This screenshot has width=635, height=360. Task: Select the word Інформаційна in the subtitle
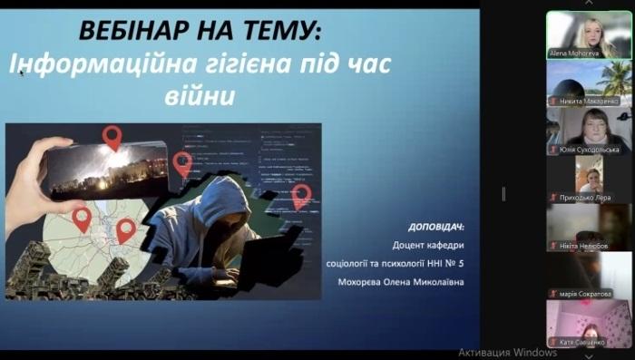click(94, 64)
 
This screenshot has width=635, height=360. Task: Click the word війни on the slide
click(206, 93)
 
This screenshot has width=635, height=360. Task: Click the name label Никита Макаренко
click(588, 102)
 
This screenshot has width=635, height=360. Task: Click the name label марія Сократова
click(585, 294)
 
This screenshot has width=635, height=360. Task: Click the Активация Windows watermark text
click(507, 352)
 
